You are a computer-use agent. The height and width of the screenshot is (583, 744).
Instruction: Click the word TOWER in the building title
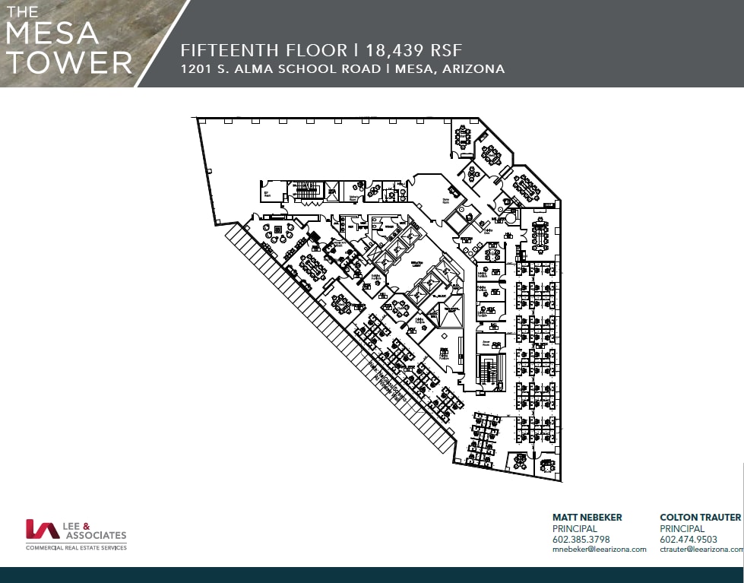[x=68, y=62]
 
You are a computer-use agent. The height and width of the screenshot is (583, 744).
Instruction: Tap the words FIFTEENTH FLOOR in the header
[x=262, y=50]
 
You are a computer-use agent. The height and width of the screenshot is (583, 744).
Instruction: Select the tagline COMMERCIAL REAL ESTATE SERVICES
[x=76, y=547]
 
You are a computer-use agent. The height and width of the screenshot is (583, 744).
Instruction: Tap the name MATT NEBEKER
[x=587, y=517]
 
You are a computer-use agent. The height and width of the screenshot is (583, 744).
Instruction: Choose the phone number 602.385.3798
[x=581, y=539]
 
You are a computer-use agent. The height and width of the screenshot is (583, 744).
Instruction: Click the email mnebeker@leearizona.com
[x=599, y=549]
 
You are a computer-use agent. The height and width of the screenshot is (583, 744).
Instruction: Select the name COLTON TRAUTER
[x=700, y=517]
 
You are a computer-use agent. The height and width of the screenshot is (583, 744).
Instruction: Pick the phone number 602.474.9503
[x=689, y=539]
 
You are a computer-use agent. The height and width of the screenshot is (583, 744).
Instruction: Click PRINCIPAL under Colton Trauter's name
[x=682, y=528]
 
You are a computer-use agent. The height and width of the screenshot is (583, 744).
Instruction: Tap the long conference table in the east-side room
[x=540, y=236]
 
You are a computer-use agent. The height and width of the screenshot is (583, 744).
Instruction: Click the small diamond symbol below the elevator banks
[x=444, y=334]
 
